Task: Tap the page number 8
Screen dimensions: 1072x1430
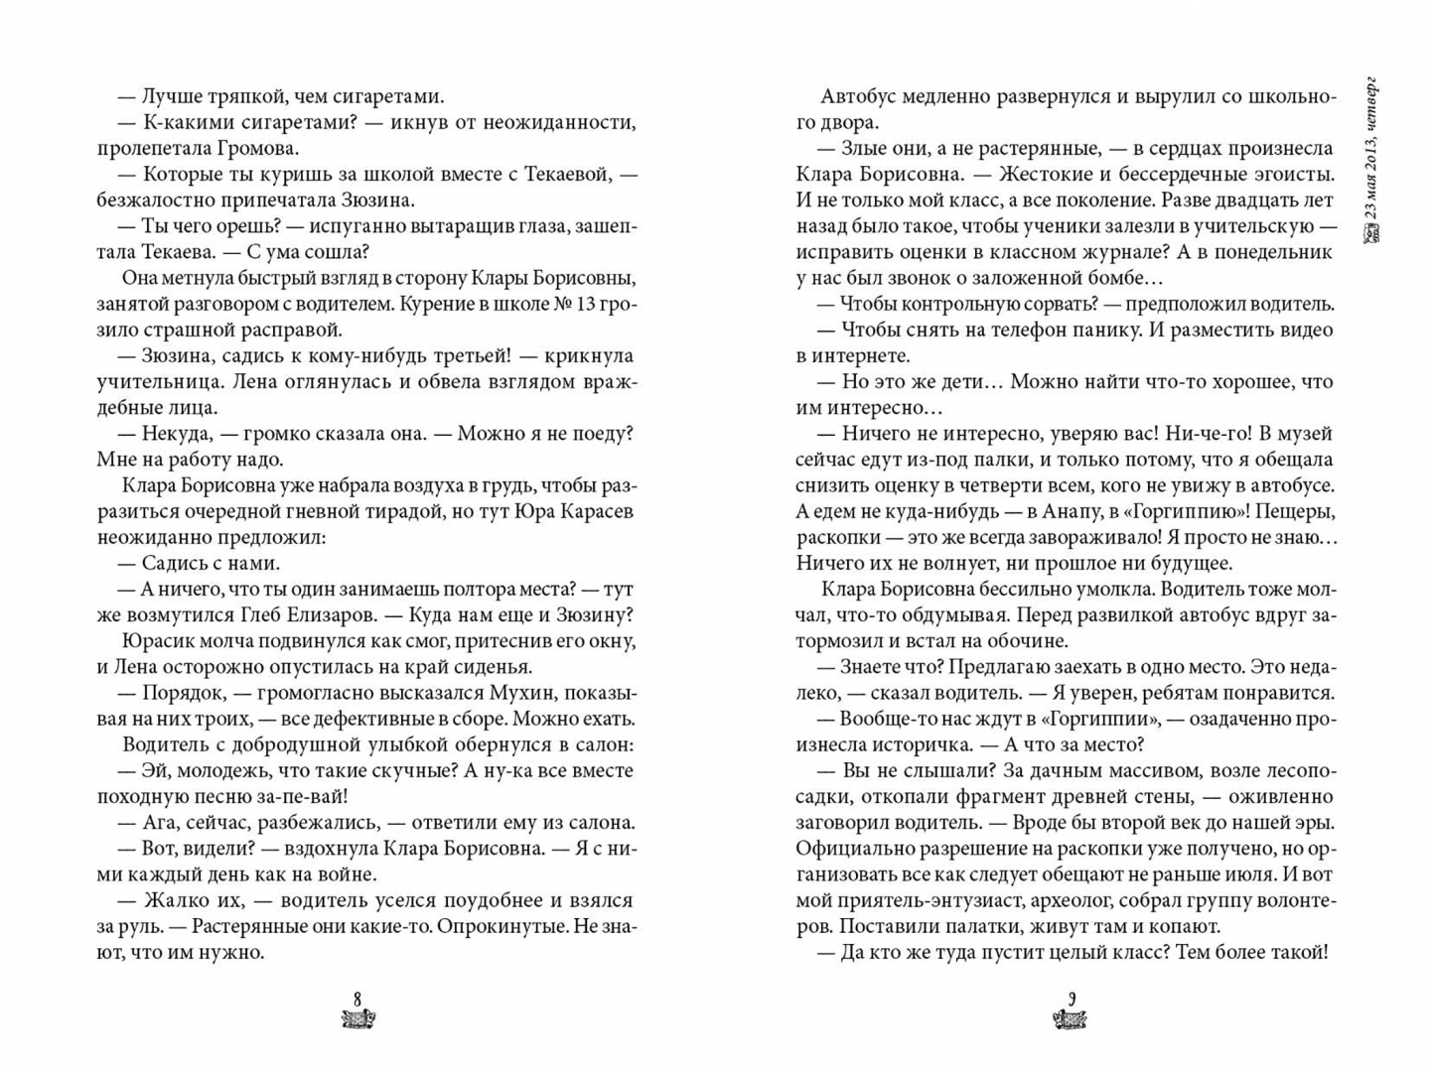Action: [357, 998]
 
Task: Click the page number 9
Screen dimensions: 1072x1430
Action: [1071, 998]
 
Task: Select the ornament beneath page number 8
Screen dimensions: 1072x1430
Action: [357, 1018]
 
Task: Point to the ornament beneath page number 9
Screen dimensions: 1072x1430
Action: [1071, 1019]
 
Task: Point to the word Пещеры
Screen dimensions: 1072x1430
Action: [1286, 511]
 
